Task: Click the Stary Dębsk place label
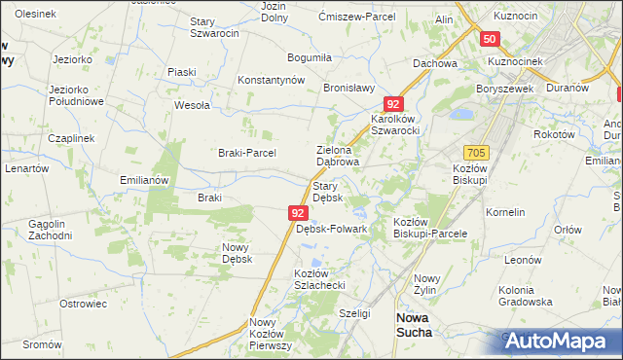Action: point(326,192)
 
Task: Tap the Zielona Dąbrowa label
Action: point(339,156)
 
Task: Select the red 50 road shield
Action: point(490,39)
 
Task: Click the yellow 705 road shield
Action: point(476,154)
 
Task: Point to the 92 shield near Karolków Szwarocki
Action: point(392,103)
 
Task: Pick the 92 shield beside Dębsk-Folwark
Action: point(299,212)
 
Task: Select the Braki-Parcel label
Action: point(246,153)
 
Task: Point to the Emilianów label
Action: point(144,180)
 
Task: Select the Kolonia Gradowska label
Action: point(532,297)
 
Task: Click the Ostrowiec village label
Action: point(83,304)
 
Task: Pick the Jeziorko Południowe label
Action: point(75,95)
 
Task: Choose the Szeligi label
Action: point(354,313)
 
